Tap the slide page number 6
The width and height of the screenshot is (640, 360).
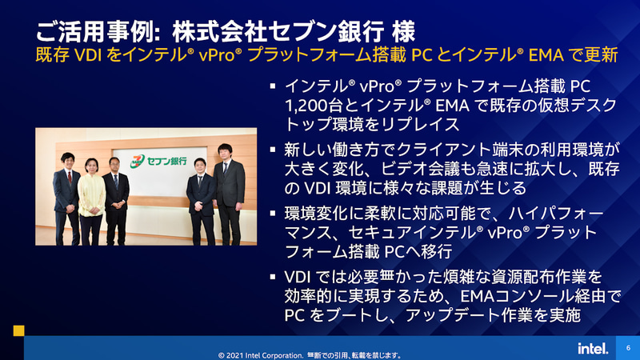point(628,347)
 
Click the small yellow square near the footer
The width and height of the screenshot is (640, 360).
point(18,330)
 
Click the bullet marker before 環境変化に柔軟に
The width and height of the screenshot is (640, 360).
point(274,214)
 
